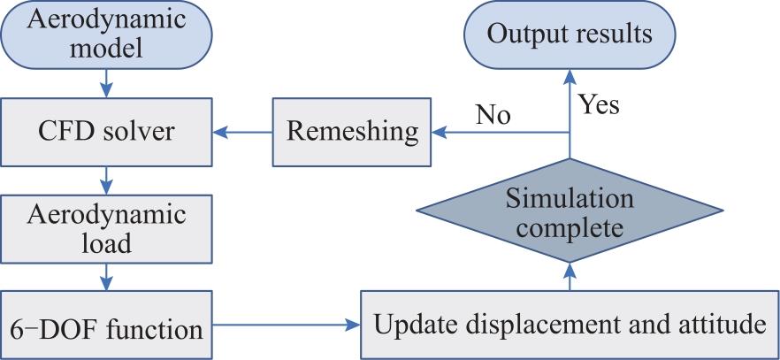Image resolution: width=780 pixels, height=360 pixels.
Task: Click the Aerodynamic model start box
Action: pyautogui.click(x=106, y=34)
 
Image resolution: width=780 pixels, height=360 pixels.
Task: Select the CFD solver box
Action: pyautogui.click(x=106, y=132)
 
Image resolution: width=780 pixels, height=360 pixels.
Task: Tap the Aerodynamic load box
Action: pyautogui.click(x=106, y=229)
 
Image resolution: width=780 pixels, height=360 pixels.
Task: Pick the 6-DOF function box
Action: pyautogui.click(x=106, y=325)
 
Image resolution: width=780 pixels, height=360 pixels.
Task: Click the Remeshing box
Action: pyautogui.click(x=352, y=132)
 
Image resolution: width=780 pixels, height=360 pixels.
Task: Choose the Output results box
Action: pyautogui.click(x=570, y=34)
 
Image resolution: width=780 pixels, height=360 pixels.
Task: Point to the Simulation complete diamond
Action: pyautogui.click(x=570, y=211)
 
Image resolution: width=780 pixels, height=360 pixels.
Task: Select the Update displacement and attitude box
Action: pyautogui.click(x=570, y=325)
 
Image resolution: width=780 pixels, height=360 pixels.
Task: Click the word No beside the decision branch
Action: pyautogui.click(x=493, y=115)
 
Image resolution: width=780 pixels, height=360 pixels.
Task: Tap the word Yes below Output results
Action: pyautogui.click(x=600, y=105)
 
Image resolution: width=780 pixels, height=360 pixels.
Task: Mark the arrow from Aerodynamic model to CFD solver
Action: pyautogui.click(x=106, y=83)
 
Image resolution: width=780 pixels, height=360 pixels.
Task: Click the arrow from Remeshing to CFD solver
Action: pyautogui.click(x=242, y=133)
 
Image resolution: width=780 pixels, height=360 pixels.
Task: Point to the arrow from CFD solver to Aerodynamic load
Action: pyautogui.click(x=106, y=180)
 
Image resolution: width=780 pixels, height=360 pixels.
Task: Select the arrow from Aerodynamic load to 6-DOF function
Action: pyautogui.click(x=106, y=277)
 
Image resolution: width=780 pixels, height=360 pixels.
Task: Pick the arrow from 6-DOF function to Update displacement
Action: pyautogui.click(x=287, y=326)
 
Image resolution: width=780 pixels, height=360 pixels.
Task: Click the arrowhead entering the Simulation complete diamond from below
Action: pyautogui.click(x=570, y=270)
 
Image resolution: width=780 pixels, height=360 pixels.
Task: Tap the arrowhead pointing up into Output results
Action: pyautogui.click(x=570, y=77)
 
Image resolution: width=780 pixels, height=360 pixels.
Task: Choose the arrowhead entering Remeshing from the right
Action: pyautogui.click(x=439, y=133)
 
